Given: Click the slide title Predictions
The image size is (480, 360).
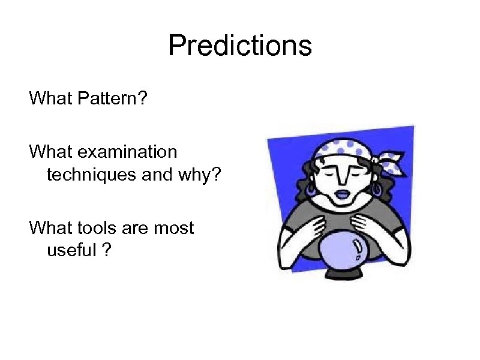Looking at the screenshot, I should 240,46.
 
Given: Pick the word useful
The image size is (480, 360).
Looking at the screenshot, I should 71,250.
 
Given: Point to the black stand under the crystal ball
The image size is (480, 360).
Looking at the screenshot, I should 342,275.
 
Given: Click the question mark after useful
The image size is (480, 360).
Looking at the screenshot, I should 106,250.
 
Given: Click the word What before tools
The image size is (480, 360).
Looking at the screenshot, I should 52,228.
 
